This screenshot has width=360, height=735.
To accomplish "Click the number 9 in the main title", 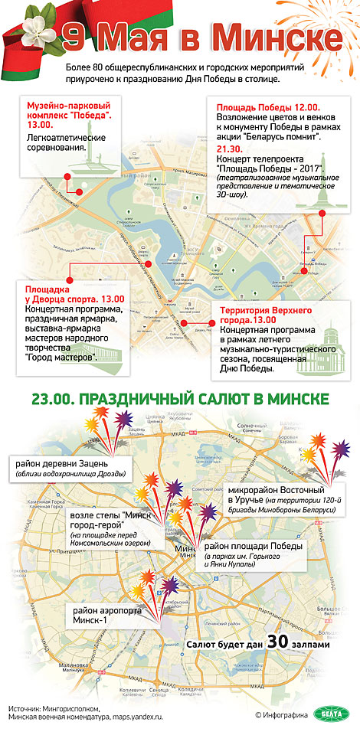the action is [x=74, y=38].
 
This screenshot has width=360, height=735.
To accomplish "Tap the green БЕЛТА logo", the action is [x=331, y=715].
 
